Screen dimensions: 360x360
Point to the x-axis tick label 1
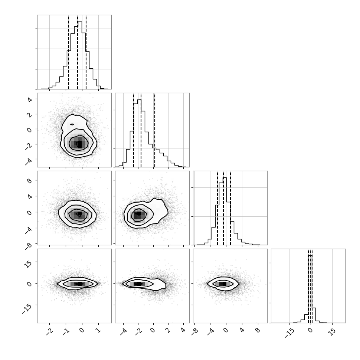pos(98,330)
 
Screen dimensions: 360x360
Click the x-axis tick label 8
pos(258,330)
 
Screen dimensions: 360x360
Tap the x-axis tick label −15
pos(289,333)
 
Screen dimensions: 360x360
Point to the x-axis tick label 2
pos(168,330)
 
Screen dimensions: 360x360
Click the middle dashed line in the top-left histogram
pos(77,52)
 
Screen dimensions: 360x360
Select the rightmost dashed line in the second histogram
pos(155,130)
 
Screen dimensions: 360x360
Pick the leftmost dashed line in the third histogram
pos(217,208)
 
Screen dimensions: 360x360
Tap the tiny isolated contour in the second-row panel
pos(72,124)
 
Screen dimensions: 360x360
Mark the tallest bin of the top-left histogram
pos(80,55)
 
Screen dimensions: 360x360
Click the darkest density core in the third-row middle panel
pos(138,215)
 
